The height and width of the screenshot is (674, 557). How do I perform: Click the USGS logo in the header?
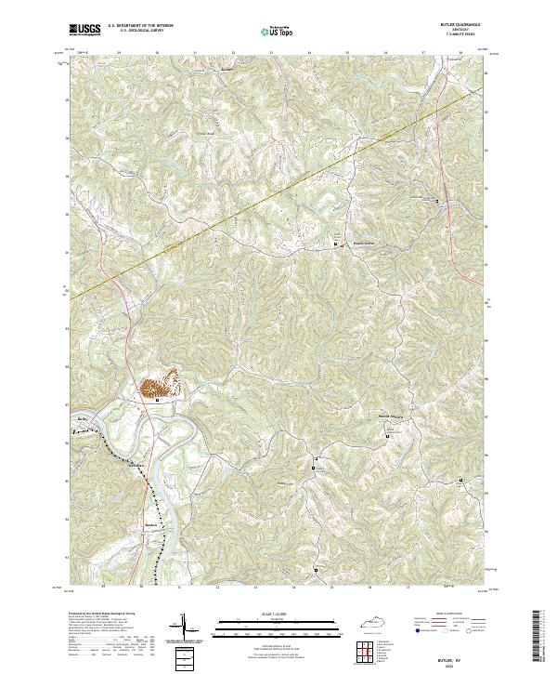tap(84, 30)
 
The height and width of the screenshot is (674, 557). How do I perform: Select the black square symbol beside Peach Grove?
tap(336, 245)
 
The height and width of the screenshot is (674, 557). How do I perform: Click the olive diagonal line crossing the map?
tap(278, 192)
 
